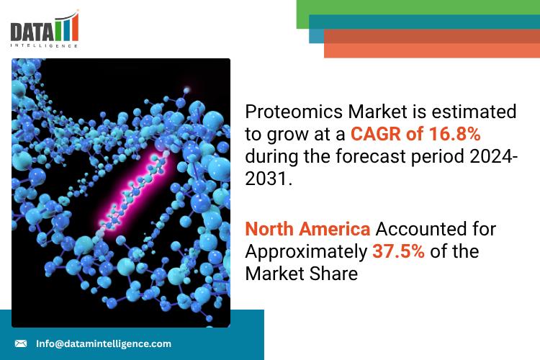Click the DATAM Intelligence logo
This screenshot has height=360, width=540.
pos(45,29)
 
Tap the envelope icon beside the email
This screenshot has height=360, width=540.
pos(21,343)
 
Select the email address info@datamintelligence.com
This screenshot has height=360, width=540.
pos(104,343)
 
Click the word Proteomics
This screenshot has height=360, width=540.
pos(294,112)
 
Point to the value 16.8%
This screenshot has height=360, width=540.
pos(454,134)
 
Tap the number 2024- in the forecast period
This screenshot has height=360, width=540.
pos(493,156)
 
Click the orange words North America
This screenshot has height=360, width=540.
pos(307,229)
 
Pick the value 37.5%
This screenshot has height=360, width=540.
pos(398,251)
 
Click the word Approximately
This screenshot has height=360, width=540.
pos(306,252)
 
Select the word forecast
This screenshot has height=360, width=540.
pos(371,156)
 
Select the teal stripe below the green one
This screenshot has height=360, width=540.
pos(424,22)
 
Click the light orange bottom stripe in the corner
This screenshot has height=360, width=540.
pos(432,50)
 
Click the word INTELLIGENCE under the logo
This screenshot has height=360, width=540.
pos(44,45)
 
